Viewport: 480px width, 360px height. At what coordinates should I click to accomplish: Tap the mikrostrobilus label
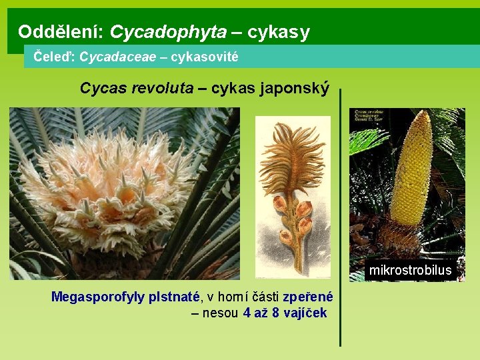410,270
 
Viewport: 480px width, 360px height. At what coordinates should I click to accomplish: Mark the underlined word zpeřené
308,297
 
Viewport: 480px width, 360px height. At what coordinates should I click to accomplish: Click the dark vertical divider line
341,220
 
